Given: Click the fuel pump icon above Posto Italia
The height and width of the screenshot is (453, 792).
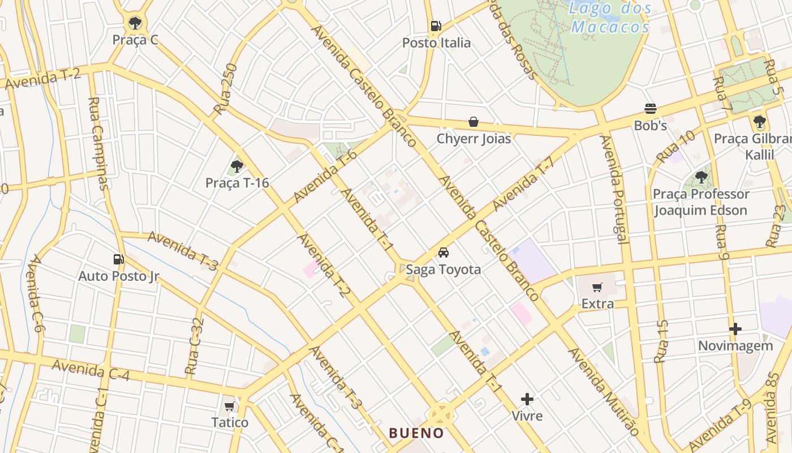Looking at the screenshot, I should click(x=436, y=25).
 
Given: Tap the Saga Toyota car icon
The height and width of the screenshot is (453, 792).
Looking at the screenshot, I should click(x=444, y=253).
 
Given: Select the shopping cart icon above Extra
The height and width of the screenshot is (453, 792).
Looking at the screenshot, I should click(x=597, y=288).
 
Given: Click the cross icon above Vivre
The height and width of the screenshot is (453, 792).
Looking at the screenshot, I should click(x=527, y=399).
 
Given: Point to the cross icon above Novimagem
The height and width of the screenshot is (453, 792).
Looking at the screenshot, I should click(x=735, y=329).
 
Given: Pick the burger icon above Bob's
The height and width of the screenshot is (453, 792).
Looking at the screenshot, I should click(x=650, y=109).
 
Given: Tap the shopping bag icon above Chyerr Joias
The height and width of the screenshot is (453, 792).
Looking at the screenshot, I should click(x=473, y=122).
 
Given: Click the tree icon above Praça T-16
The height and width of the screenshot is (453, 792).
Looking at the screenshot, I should click(x=237, y=166).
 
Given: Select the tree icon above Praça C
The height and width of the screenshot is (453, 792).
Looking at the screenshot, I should click(x=135, y=23).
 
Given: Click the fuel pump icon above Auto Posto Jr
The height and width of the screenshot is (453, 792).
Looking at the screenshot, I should click(x=118, y=259).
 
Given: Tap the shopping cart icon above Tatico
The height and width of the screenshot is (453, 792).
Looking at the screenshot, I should click(x=229, y=406).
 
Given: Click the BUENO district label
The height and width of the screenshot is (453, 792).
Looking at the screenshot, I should click(x=416, y=433).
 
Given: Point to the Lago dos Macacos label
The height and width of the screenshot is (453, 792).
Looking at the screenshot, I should click(x=610, y=18).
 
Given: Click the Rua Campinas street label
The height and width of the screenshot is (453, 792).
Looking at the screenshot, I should click(x=97, y=143).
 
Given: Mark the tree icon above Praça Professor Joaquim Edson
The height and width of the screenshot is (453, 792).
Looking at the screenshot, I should click(x=701, y=177).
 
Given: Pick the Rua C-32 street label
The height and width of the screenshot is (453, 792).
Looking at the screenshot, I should click(x=195, y=346).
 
